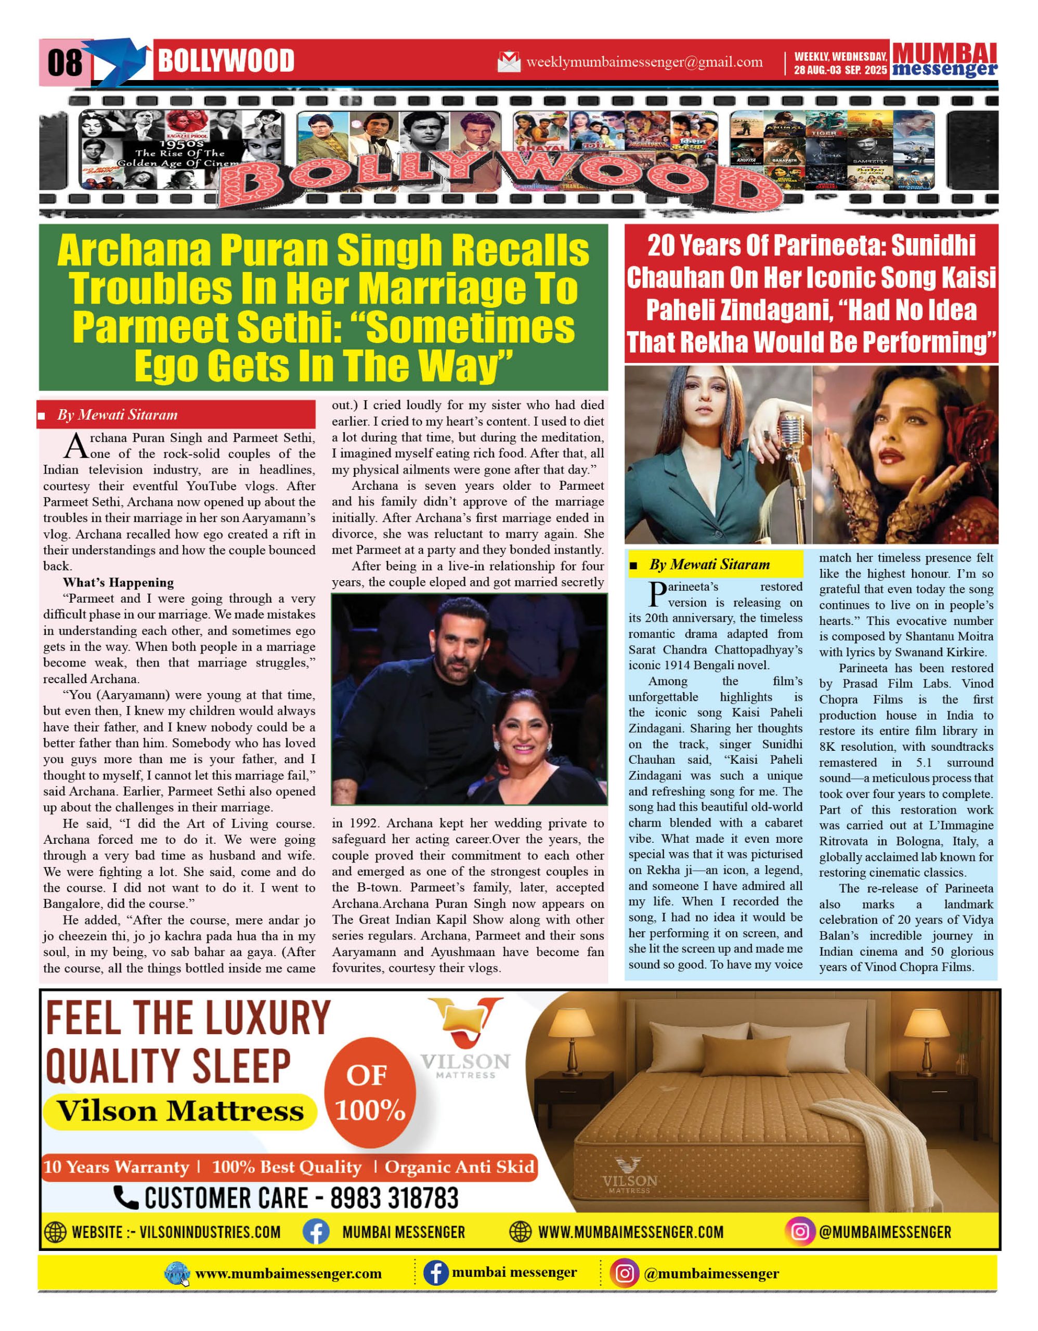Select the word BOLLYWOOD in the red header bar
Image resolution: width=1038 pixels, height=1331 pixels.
(226, 61)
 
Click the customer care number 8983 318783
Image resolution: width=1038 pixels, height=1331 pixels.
(394, 1197)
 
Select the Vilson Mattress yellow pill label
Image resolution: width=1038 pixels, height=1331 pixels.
(180, 1111)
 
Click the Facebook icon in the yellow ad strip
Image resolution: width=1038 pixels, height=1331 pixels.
(316, 1232)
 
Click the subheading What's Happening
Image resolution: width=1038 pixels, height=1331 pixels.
(118, 582)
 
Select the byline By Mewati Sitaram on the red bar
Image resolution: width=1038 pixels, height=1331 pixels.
(117, 415)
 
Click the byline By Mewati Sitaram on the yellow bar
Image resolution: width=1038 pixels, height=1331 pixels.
(709, 564)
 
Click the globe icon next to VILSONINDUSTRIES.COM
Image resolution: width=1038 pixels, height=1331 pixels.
(56, 1232)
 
